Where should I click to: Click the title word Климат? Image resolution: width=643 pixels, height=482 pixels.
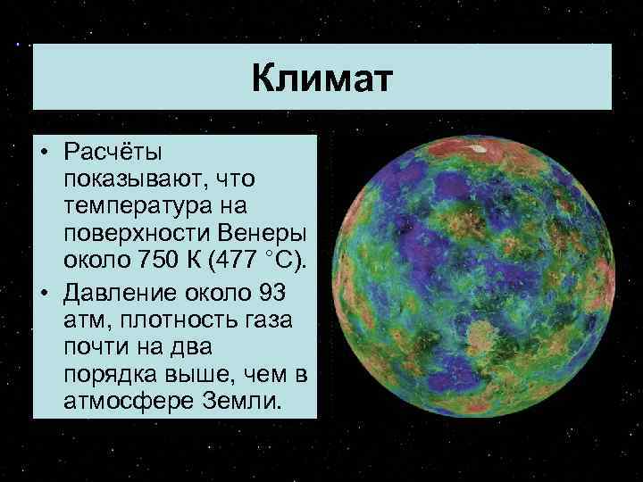pos(321,79)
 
